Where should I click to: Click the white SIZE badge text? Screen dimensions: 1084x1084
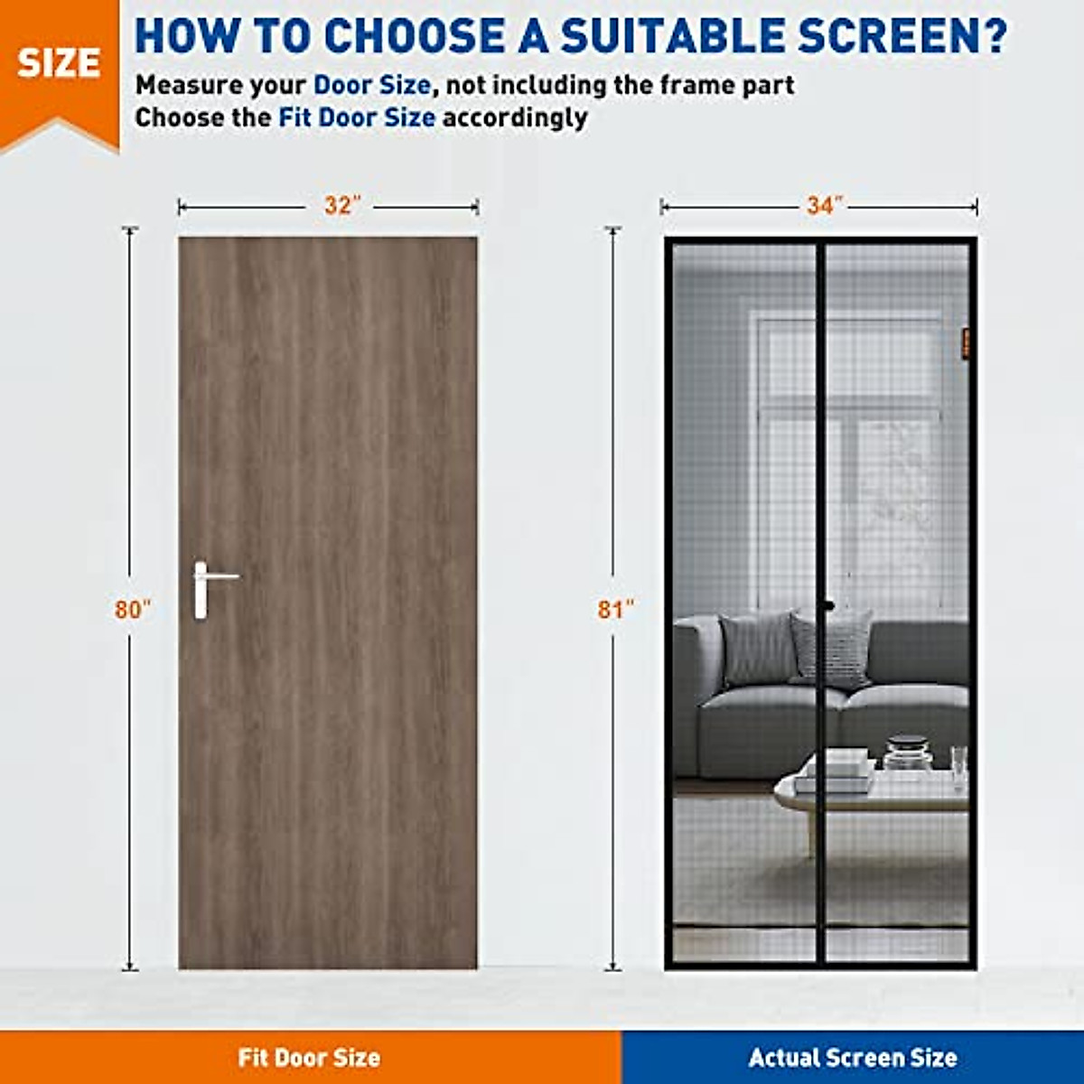[x=59, y=63]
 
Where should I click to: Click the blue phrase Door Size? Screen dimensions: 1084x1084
[x=371, y=86]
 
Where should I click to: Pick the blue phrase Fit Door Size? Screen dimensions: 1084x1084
[x=357, y=118]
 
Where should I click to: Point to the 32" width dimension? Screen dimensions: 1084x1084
[x=338, y=206]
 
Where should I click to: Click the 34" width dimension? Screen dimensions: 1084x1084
[x=819, y=206]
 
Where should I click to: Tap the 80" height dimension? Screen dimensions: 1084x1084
[x=132, y=610]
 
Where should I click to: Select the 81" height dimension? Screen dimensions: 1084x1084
[x=615, y=610]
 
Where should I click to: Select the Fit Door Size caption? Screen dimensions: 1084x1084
[x=309, y=1058]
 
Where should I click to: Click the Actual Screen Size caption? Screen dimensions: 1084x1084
[x=853, y=1058]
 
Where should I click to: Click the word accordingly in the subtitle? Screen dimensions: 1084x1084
[x=515, y=118]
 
